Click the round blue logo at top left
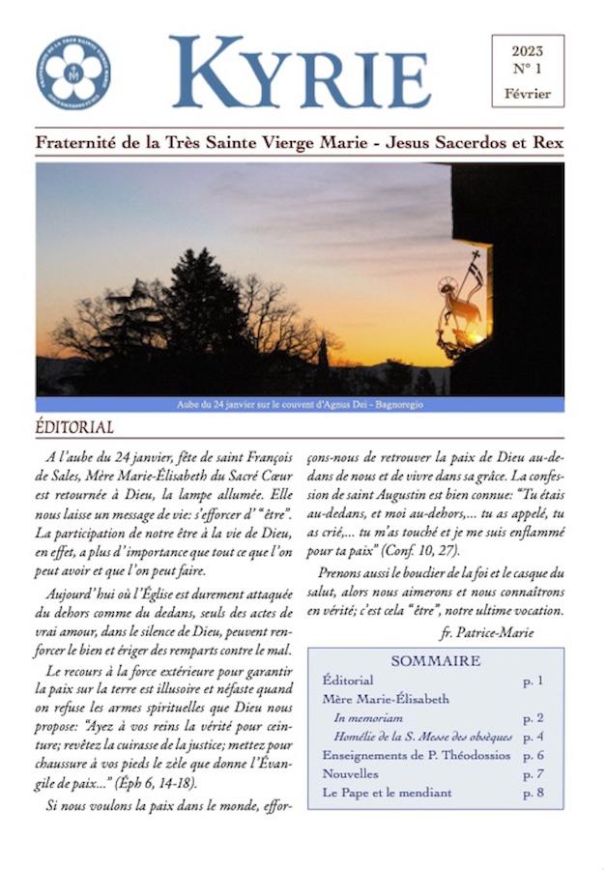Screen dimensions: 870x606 (73, 72)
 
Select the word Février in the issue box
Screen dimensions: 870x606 (527, 94)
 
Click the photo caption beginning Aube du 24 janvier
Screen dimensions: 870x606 (300, 404)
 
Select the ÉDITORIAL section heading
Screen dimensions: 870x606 (74, 426)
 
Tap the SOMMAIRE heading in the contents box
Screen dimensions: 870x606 (435, 661)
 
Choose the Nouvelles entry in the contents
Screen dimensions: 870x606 (350, 773)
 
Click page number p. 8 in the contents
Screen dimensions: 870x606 (533, 793)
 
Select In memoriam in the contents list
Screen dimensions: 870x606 (368, 718)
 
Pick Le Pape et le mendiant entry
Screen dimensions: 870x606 (387, 793)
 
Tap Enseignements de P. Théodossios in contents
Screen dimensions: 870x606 (416, 755)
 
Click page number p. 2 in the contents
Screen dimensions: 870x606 (533, 718)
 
